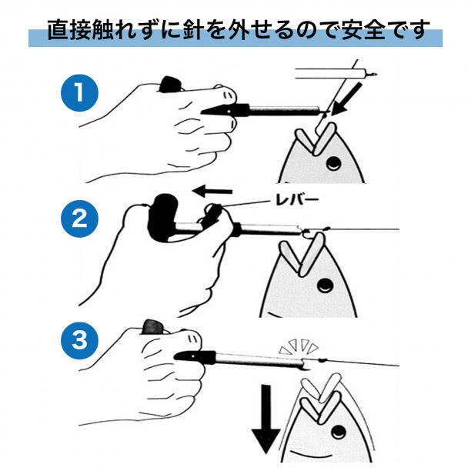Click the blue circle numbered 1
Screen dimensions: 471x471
(79, 92)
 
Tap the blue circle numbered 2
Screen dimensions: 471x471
(79, 219)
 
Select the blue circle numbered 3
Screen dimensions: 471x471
(79, 340)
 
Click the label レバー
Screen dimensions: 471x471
(296, 200)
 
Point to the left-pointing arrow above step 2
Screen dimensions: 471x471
(212, 191)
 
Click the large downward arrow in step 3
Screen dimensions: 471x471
(266, 419)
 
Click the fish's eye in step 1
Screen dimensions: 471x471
(333, 164)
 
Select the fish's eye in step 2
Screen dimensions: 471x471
(326, 285)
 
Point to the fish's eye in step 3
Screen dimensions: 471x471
(339, 433)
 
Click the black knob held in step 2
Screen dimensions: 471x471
(162, 216)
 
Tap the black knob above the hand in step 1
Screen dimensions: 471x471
(170, 85)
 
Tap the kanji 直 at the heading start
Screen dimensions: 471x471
(58, 30)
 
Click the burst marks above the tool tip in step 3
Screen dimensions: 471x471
(299, 346)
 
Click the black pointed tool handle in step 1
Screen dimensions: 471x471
(225, 110)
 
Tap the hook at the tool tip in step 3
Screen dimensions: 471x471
(306, 366)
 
